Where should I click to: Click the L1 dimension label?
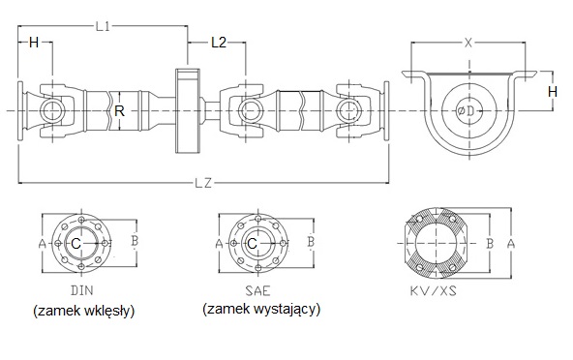pyautogui.click(x=103, y=27)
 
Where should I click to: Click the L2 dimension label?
pyautogui.click(x=219, y=43)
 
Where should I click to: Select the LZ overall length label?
pyautogui.click(x=204, y=183)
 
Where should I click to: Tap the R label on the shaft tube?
pyautogui.click(x=119, y=110)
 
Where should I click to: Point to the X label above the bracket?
pyautogui.click(x=468, y=43)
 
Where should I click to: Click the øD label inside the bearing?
pyautogui.click(x=466, y=110)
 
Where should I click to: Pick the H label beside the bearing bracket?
pyautogui.click(x=553, y=91)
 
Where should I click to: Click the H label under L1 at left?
pyautogui.click(x=34, y=43)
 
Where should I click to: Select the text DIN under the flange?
pyautogui.click(x=82, y=290)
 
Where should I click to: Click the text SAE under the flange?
pyautogui.click(x=258, y=290)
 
